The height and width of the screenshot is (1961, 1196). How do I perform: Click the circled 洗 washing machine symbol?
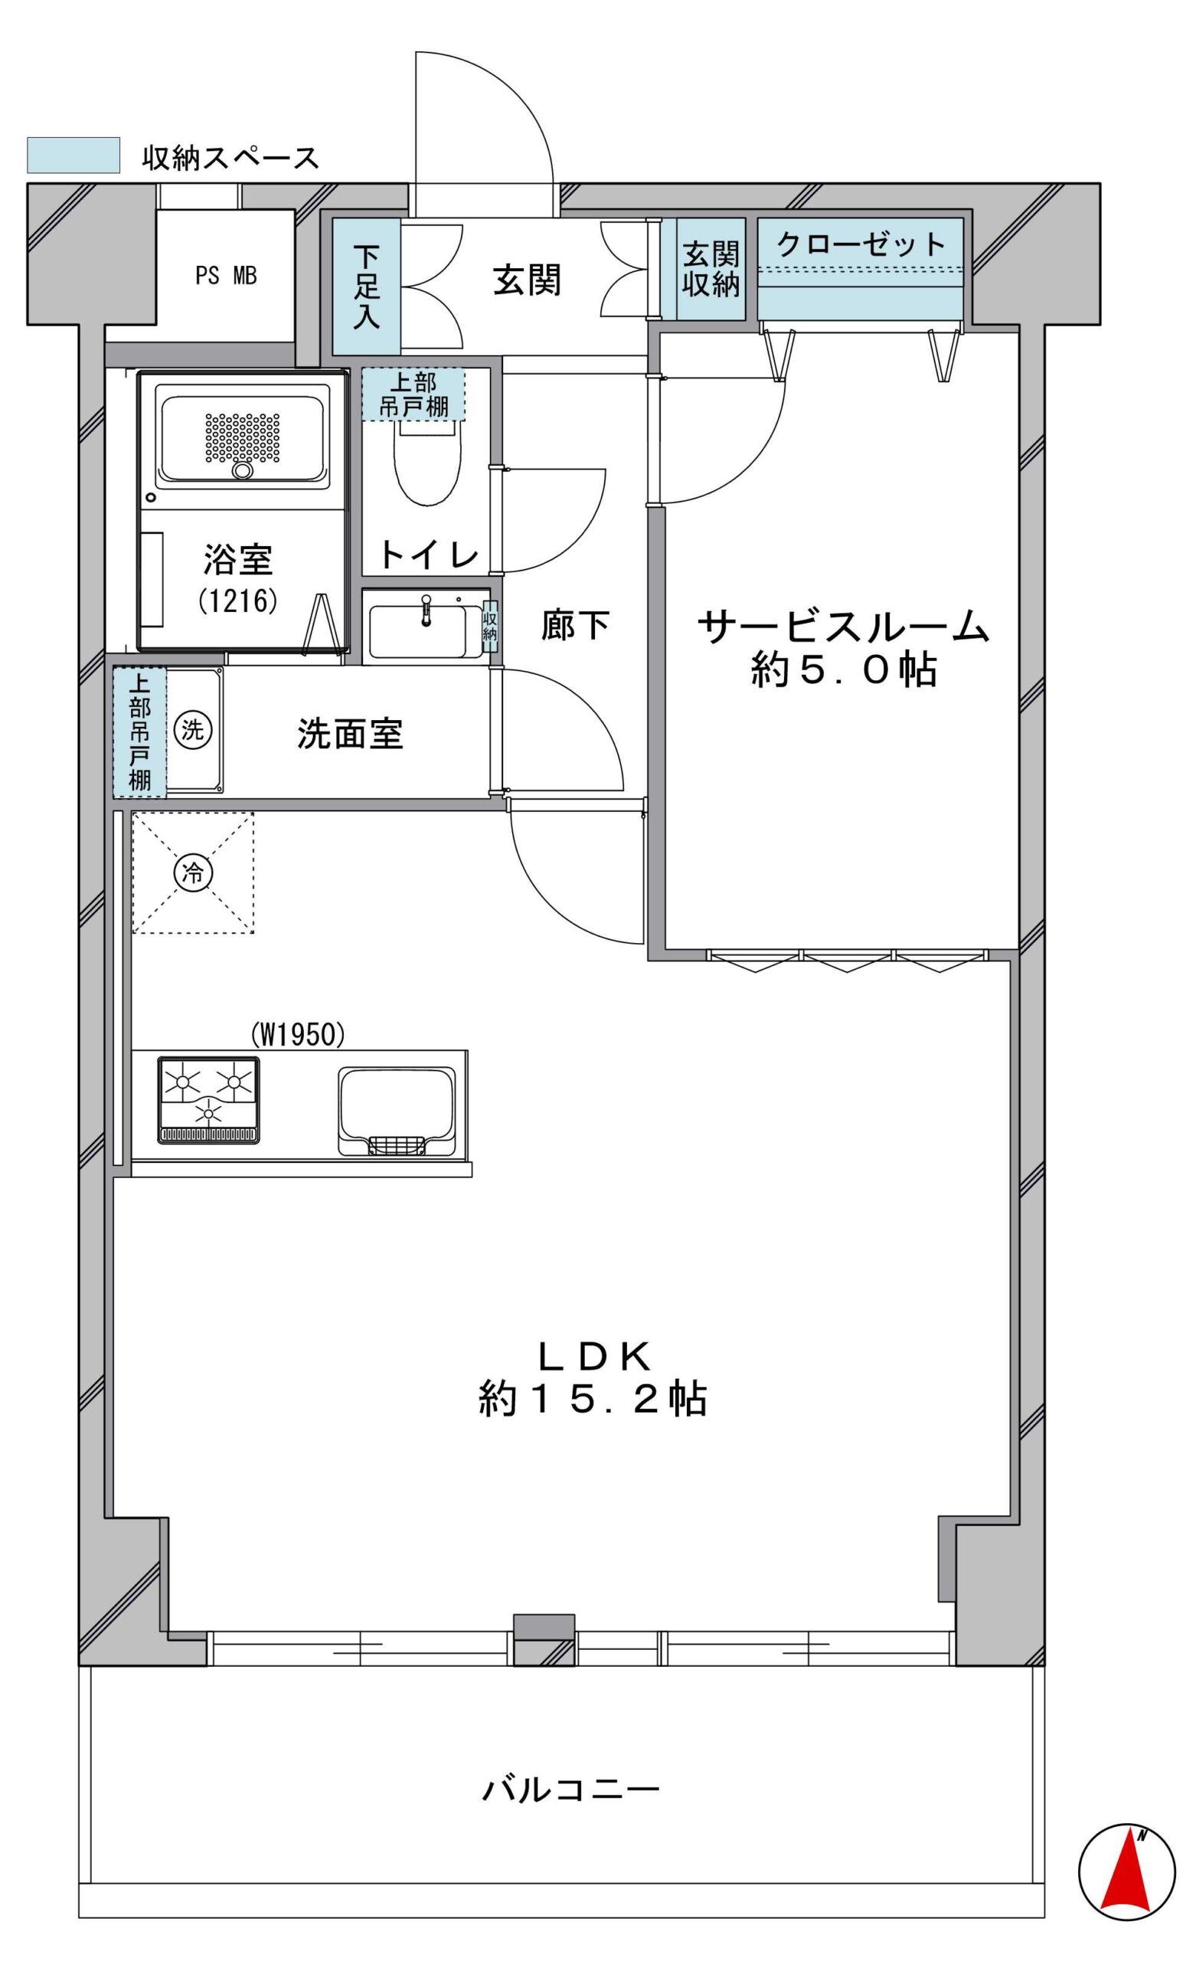[192, 730]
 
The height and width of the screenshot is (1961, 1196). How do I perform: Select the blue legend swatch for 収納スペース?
[74, 156]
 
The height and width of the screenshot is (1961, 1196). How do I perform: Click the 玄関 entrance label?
[527, 280]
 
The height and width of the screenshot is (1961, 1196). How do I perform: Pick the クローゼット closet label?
[861, 244]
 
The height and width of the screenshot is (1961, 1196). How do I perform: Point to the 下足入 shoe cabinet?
[366, 286]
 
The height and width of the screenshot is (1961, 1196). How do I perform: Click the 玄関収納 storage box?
[711, 269]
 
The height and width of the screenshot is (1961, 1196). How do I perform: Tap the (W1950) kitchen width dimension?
[298, 1035]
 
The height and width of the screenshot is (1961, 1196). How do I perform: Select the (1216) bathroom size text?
[238, 599]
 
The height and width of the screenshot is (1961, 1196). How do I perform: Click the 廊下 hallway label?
[574, 625]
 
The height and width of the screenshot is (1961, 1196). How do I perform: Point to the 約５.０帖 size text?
[843, 670]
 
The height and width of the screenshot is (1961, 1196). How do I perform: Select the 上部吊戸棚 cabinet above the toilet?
[413, 393]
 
